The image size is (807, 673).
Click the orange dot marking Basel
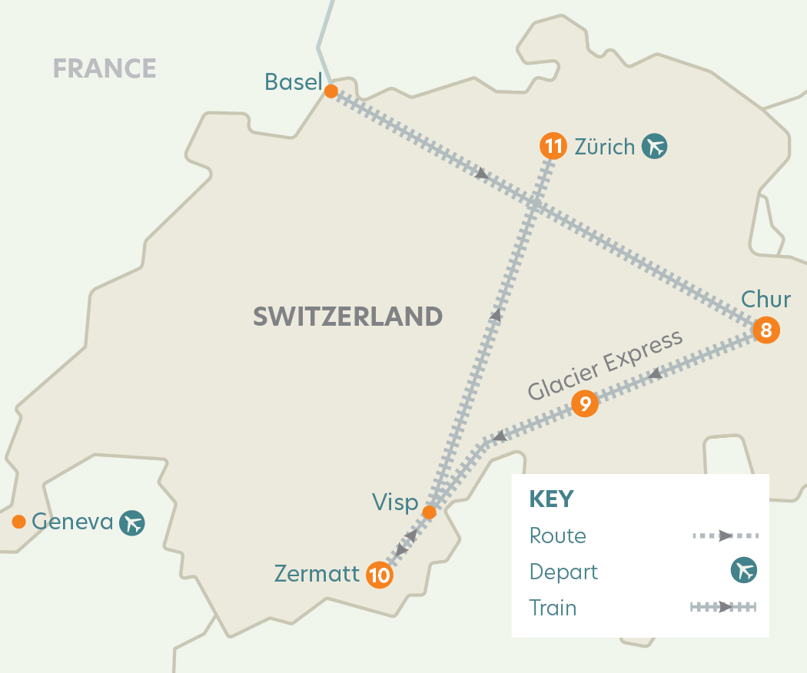pyautogui.click(x=330, y=91)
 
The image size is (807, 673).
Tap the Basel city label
pyautogui.click(x=292, y=81)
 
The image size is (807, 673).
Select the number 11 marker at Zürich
pyautogui.click(x=553, y=146)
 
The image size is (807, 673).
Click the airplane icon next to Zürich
pyautogui.click(x=655, y=146)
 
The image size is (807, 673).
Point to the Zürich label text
pyautogui.click(x=604, y=146)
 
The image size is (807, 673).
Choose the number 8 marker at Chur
pyautogui.click(x=765, y=331)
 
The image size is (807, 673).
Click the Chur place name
pyautogui.click(x=765, y=299)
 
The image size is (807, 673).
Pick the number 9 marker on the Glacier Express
pyautogui.click(x=585, y=403)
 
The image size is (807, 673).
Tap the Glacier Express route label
pyautogui.click(x=605, y=366)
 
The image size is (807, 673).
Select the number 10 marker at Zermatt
pyautogui.click(x=380, y=575)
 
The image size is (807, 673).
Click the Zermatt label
pyautogui.click(x=317, y=574)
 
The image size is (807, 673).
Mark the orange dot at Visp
pyautogui.click(x=430, y=512)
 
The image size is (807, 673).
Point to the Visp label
pyautogui.click(x=394, y=503)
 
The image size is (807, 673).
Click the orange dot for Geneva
pyautogui.click(x=18, y=522)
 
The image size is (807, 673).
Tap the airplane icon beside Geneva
pyautogui.click(x=132, y=523)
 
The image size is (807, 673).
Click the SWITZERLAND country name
pyautogui.click(x=347, y=316)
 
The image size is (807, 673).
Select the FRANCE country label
pyautogui.click(x=105, y=68)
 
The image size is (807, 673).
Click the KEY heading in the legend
pyautogui.click(x=551, y=499)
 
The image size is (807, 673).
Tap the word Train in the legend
pyautogui.click(x=553, y=608)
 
